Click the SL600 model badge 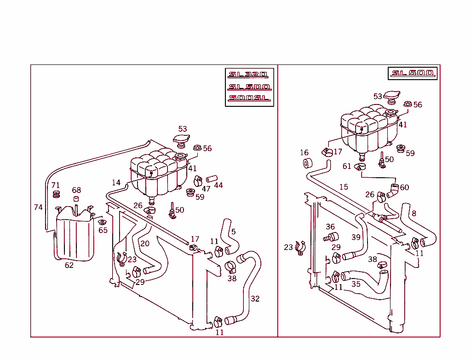point(413,73)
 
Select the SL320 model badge point(249,75)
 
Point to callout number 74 point(38,208)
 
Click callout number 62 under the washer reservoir point(69,265)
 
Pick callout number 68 point(76,190)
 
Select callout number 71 point(56,186)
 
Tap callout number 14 point(116,183)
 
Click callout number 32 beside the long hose point(255,299)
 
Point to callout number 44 point(218,185)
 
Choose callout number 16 point(304,153)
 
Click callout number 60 point(404,187)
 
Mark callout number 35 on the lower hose point(356,284)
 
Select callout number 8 point(414,213)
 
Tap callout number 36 point(330,226)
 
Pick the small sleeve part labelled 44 point(210,179)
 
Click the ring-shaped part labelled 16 point(308,163)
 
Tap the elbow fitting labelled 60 point(393,190)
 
